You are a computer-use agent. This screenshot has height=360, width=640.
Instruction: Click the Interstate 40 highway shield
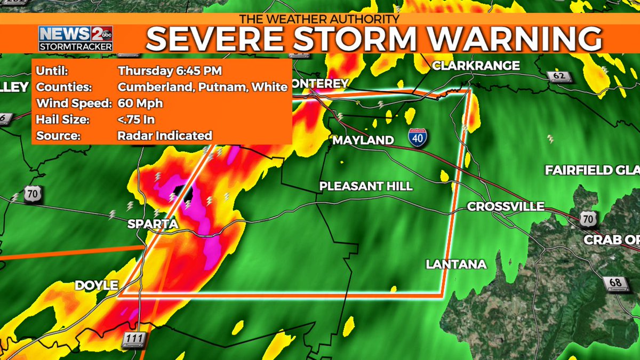pyautogui.click(x=418, y=138)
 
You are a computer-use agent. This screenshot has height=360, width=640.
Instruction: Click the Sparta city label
pyautogui.click(x=153, y=225)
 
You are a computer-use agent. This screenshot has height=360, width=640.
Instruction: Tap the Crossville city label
pyautogui.click(x=506, y=206)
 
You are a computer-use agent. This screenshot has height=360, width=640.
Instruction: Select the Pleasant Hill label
pyautogui.click(x=366, y=186)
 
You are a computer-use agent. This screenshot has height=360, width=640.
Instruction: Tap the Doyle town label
pyautogui.click(x=97, y=285)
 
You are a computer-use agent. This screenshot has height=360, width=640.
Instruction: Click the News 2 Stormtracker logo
pyautogui.click(x=75, y=38)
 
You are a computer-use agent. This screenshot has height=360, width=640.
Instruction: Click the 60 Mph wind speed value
pyautogui.click(x=140, y=103)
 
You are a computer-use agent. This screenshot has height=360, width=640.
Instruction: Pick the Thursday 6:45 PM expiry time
pyautogui.click(x=162, y=71)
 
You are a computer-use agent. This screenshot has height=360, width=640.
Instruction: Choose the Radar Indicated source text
pyautogui.click(x=164, y=135)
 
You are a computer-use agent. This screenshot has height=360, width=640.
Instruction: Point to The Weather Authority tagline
pyautogui.click(x=319, y=19)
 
